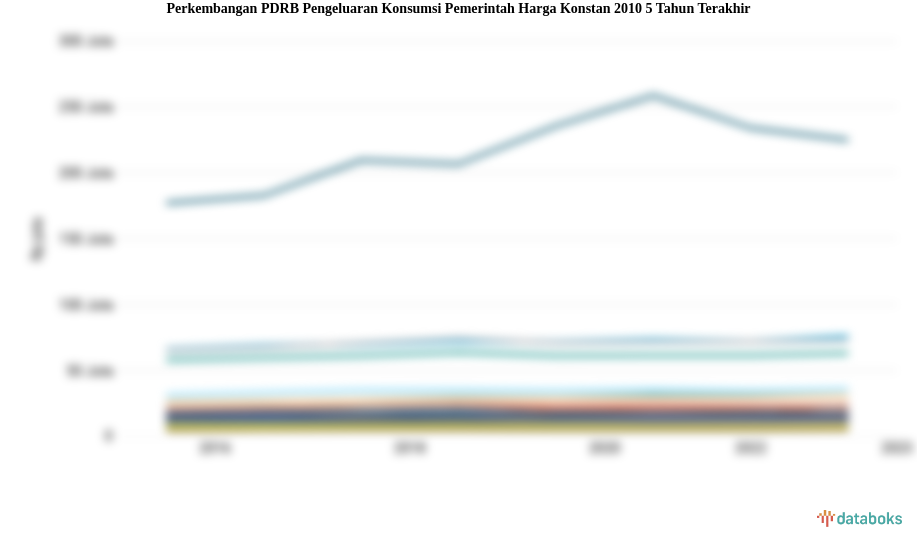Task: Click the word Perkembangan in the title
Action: coord(210,9)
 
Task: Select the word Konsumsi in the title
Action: coord(411,9)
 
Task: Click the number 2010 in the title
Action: coord(626,9)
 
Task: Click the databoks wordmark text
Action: coord(869,519)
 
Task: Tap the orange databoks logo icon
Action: coord(825,518)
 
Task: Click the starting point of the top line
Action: coord(170,203)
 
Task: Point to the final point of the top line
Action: coord(846,140)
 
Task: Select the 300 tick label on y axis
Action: coord(87,41)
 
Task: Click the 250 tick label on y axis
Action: coord(87,107)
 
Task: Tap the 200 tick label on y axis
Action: coord(87,173)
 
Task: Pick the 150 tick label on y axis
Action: coord(87,239)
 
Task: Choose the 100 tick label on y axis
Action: coord(87,305)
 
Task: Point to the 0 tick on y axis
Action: coord(109,436)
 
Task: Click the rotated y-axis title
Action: coord(37,239)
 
